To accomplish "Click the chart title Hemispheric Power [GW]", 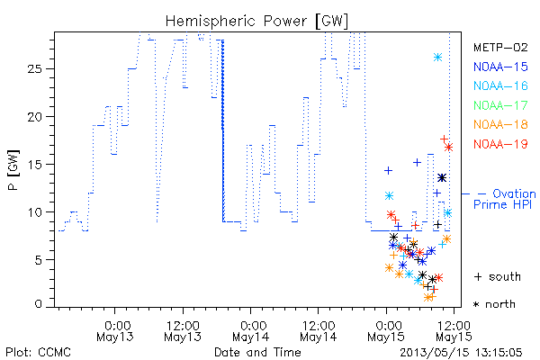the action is coord(256,22).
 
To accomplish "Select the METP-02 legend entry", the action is coord(500,47).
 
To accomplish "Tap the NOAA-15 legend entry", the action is coord(500,67).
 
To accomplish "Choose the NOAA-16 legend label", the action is coord(500,85).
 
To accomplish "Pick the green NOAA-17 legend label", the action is coord(500,105).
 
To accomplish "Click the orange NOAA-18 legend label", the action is coord(500,124).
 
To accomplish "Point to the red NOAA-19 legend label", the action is coord(500,144).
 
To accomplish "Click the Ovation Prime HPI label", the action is coord(505,199).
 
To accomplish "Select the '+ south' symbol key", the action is coord(498,276).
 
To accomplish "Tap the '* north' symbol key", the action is coord(494,304).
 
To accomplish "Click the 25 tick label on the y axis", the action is coord(35,69).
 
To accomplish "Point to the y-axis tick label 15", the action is coord(35,165).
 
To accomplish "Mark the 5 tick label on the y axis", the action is coord(39,260).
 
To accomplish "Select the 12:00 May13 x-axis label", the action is coord(183,330).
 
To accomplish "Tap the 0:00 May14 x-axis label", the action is coord(251,330).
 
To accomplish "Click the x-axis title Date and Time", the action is coord(257,352).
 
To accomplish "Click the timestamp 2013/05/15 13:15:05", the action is coord(461,353).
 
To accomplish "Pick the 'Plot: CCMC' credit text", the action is coord(38,352).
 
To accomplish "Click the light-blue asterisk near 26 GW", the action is coord(437,58).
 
